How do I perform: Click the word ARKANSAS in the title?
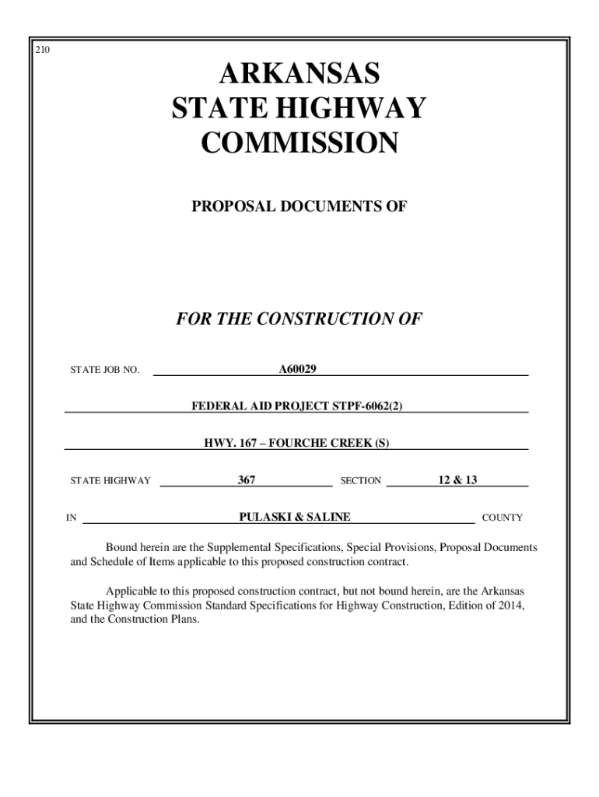pos(299,75)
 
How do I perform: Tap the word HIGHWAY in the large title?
pos(359,108)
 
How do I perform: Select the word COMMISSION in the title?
pos(299,143)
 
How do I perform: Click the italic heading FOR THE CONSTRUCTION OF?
pos(299,319)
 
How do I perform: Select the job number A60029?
pos(298,368)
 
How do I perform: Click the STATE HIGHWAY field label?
pos(110,481)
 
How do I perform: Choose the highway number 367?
pos(247,480)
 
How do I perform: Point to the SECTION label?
pos(361,481)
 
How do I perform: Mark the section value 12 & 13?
pos(457,480)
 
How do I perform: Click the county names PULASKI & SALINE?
pos(295,517)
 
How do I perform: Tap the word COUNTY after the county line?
pos(503,518)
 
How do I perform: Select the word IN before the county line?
pos(71,518)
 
